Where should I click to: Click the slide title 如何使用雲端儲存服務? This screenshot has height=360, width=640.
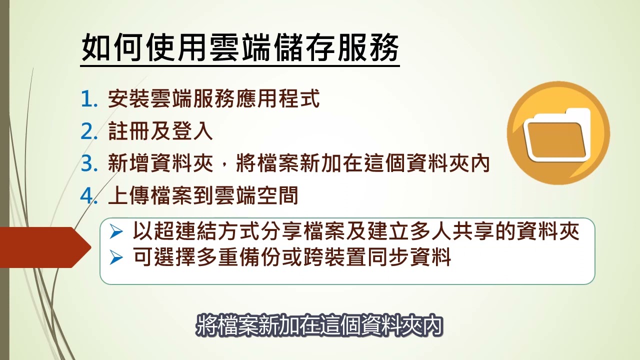pyautogui.click(x=240, y=47)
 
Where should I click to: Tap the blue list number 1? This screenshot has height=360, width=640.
pyautogui.click(x=89, y=99)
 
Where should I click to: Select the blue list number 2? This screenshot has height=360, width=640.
pyautogui.click(x=89, y=131)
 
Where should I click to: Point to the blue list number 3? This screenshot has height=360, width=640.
pyautogui.click(x=89, y=163)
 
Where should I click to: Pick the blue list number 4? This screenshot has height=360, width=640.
pyautogui.click(x=89, y=196)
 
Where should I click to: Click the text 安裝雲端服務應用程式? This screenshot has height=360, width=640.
pyautogui.click(x=213, y=99)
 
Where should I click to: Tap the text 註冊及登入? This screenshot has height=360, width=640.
pyautogui.click(x=160, y=131)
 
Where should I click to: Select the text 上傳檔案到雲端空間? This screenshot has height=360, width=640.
pyautogui.click(x=203, y=195)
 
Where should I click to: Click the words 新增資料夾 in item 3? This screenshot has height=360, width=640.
pyautogui.click(x=160, y=163)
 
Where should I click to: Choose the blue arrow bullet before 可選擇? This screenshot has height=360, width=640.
pyautogui.click(x=116, y=257)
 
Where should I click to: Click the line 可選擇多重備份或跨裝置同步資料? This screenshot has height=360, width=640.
pyautogui.click(x=292, y=257)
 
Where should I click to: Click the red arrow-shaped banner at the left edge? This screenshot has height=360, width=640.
pyautogui.click(x=45, y=247)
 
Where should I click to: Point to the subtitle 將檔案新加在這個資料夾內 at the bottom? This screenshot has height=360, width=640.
pyautogui.click(x=319, y=325)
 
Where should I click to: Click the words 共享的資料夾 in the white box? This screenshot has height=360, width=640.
pyautogui.click(x=516, y=231)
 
